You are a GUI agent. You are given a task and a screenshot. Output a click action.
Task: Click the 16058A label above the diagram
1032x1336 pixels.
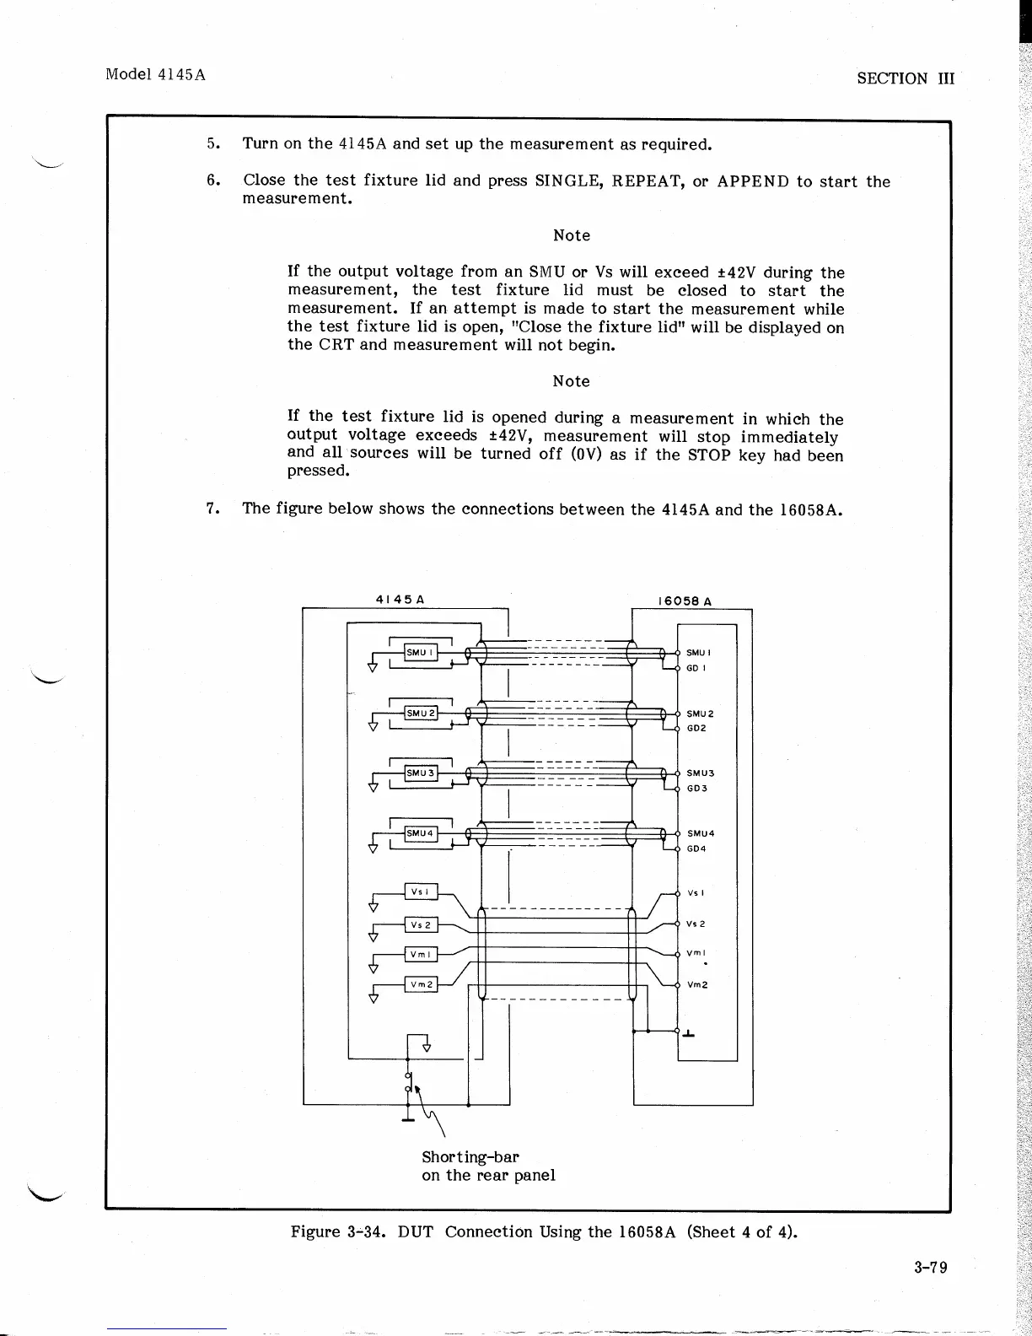(684, 601)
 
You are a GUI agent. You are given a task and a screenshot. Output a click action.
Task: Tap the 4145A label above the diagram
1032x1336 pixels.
(399, 599)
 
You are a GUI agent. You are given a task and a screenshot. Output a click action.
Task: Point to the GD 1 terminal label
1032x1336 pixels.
(696, 668)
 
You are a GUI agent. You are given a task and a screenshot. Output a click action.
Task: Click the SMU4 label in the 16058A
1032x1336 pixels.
(700, 833)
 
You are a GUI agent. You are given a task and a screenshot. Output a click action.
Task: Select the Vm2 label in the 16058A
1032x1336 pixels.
(697, 984)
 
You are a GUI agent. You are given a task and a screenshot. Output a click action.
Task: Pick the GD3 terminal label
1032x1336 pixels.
(696, 789)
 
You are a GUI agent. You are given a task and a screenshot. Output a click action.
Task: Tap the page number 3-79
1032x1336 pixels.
(930, 1268)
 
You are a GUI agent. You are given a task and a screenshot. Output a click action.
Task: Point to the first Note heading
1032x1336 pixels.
(571, 235)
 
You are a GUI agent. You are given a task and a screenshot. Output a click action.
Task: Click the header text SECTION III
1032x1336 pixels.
(905, 78)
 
